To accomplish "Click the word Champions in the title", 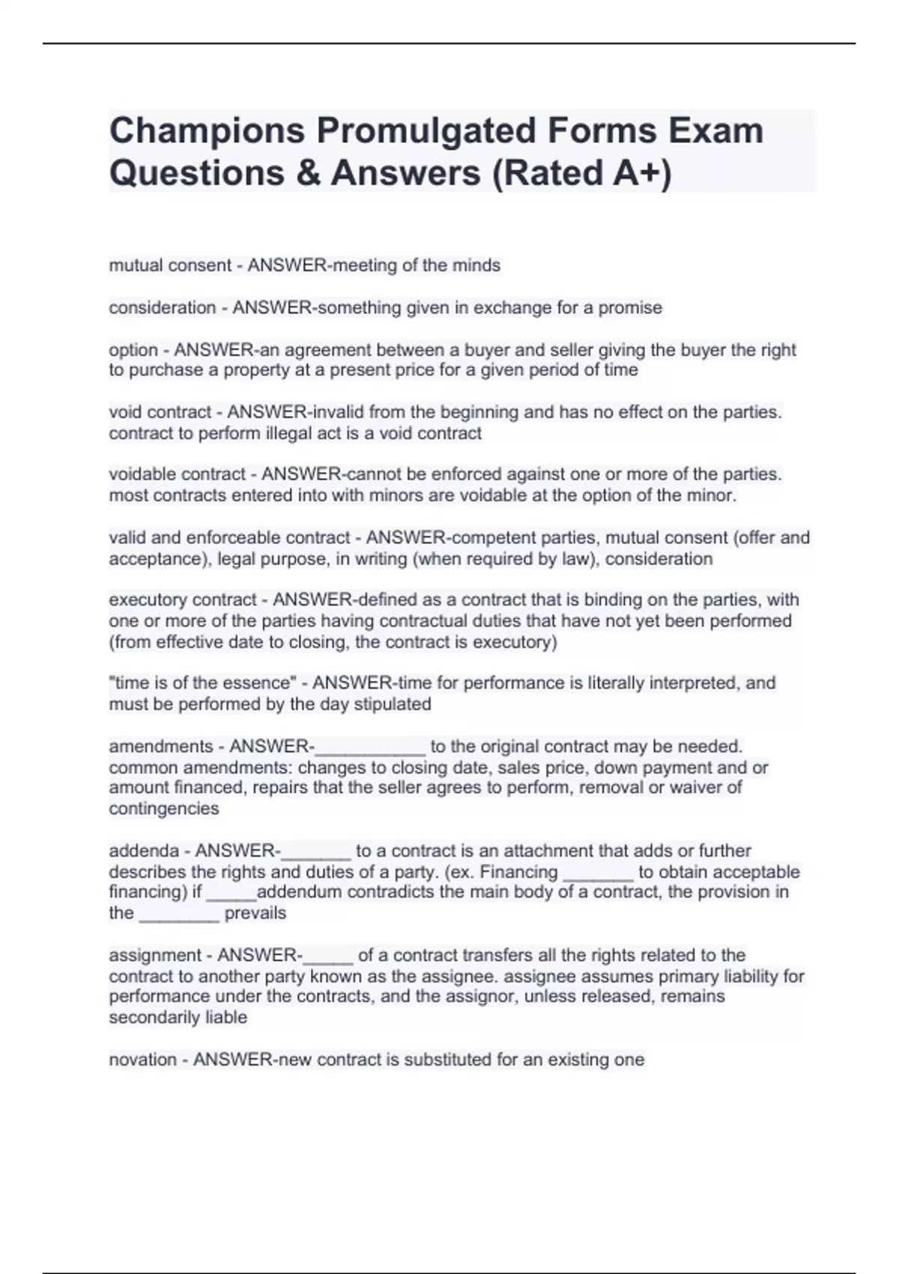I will pos(207,131).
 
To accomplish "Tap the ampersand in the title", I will pos(307,173).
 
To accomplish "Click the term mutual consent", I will pos(170,265).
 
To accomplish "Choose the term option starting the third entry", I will pos(133,350).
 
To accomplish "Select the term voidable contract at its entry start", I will pos(177,474).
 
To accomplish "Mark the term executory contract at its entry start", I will pos(183,600).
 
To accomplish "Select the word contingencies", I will pos(164,809).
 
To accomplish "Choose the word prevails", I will pos(255,913).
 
